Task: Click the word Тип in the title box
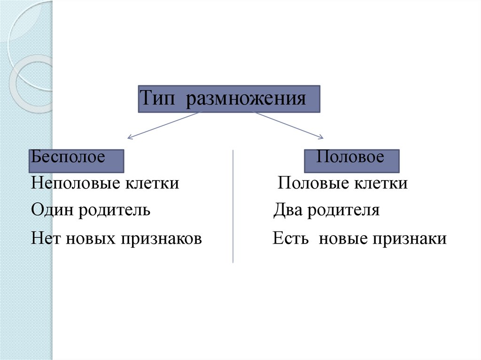(x=159, y=99)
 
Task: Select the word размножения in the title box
(x=246, y=99)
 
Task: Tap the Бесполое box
(x=77, y=161)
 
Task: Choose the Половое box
(x=352, y=161)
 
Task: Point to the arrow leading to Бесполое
(x=164, y=125)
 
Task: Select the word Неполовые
(x=75, y=183)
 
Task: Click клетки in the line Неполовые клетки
(x=152, y=183)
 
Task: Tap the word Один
(x=53, y=210)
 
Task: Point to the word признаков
(x=162, y=239)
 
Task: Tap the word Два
(x=288, y=210)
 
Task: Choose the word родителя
(x=343, y=210)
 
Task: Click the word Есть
(x=290, y=239)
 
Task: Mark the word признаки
(x=410, y=239)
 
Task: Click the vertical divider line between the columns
(x=233, y=207)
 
